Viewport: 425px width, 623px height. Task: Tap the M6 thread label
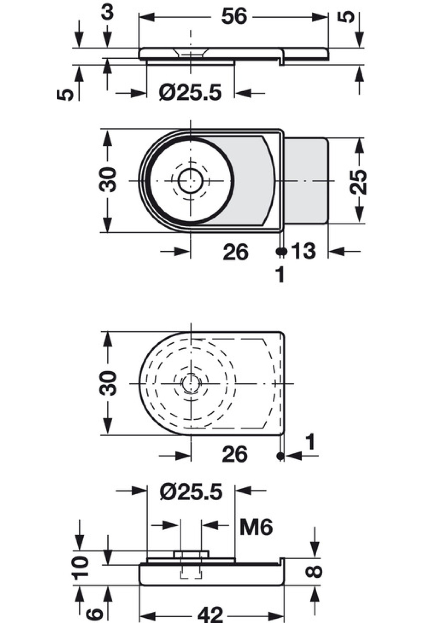click(256, 527)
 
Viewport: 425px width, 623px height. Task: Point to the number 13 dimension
click(303, 251)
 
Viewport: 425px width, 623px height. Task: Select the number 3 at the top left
click(107, 12)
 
